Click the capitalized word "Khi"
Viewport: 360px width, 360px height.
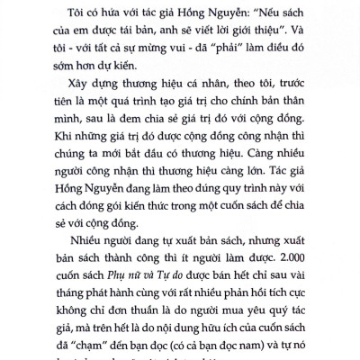tap(52, 167)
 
